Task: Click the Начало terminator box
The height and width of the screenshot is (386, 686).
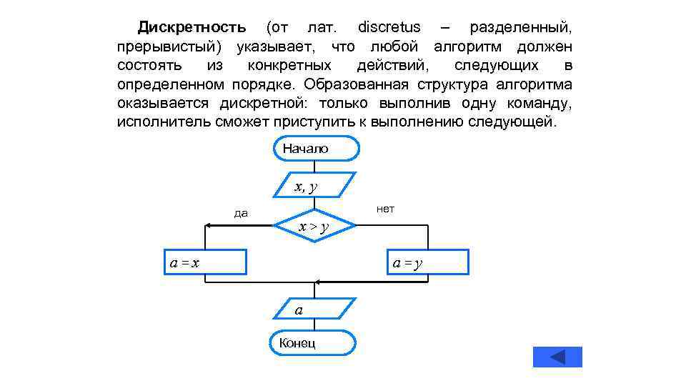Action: coord(315,149)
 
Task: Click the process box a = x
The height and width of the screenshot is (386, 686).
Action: coord(204,262)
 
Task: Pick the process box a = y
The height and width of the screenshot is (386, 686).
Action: coord(427,262)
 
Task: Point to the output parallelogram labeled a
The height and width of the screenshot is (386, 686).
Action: coord(315,309)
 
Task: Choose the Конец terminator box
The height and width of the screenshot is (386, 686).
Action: coord(313,342)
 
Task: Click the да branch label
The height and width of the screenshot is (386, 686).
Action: coord(241,213)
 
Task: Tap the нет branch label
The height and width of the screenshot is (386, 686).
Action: coord(385,209)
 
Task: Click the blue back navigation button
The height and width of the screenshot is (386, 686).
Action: coord(557,357)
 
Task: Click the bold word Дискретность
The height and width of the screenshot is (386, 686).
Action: coord(192,28)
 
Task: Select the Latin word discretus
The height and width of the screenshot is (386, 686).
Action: coord(389,28)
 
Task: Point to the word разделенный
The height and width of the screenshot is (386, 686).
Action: coord(520,28)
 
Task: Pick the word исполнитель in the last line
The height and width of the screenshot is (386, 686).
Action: coord(164,122)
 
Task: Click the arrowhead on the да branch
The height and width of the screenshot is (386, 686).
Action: coord(208,226)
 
